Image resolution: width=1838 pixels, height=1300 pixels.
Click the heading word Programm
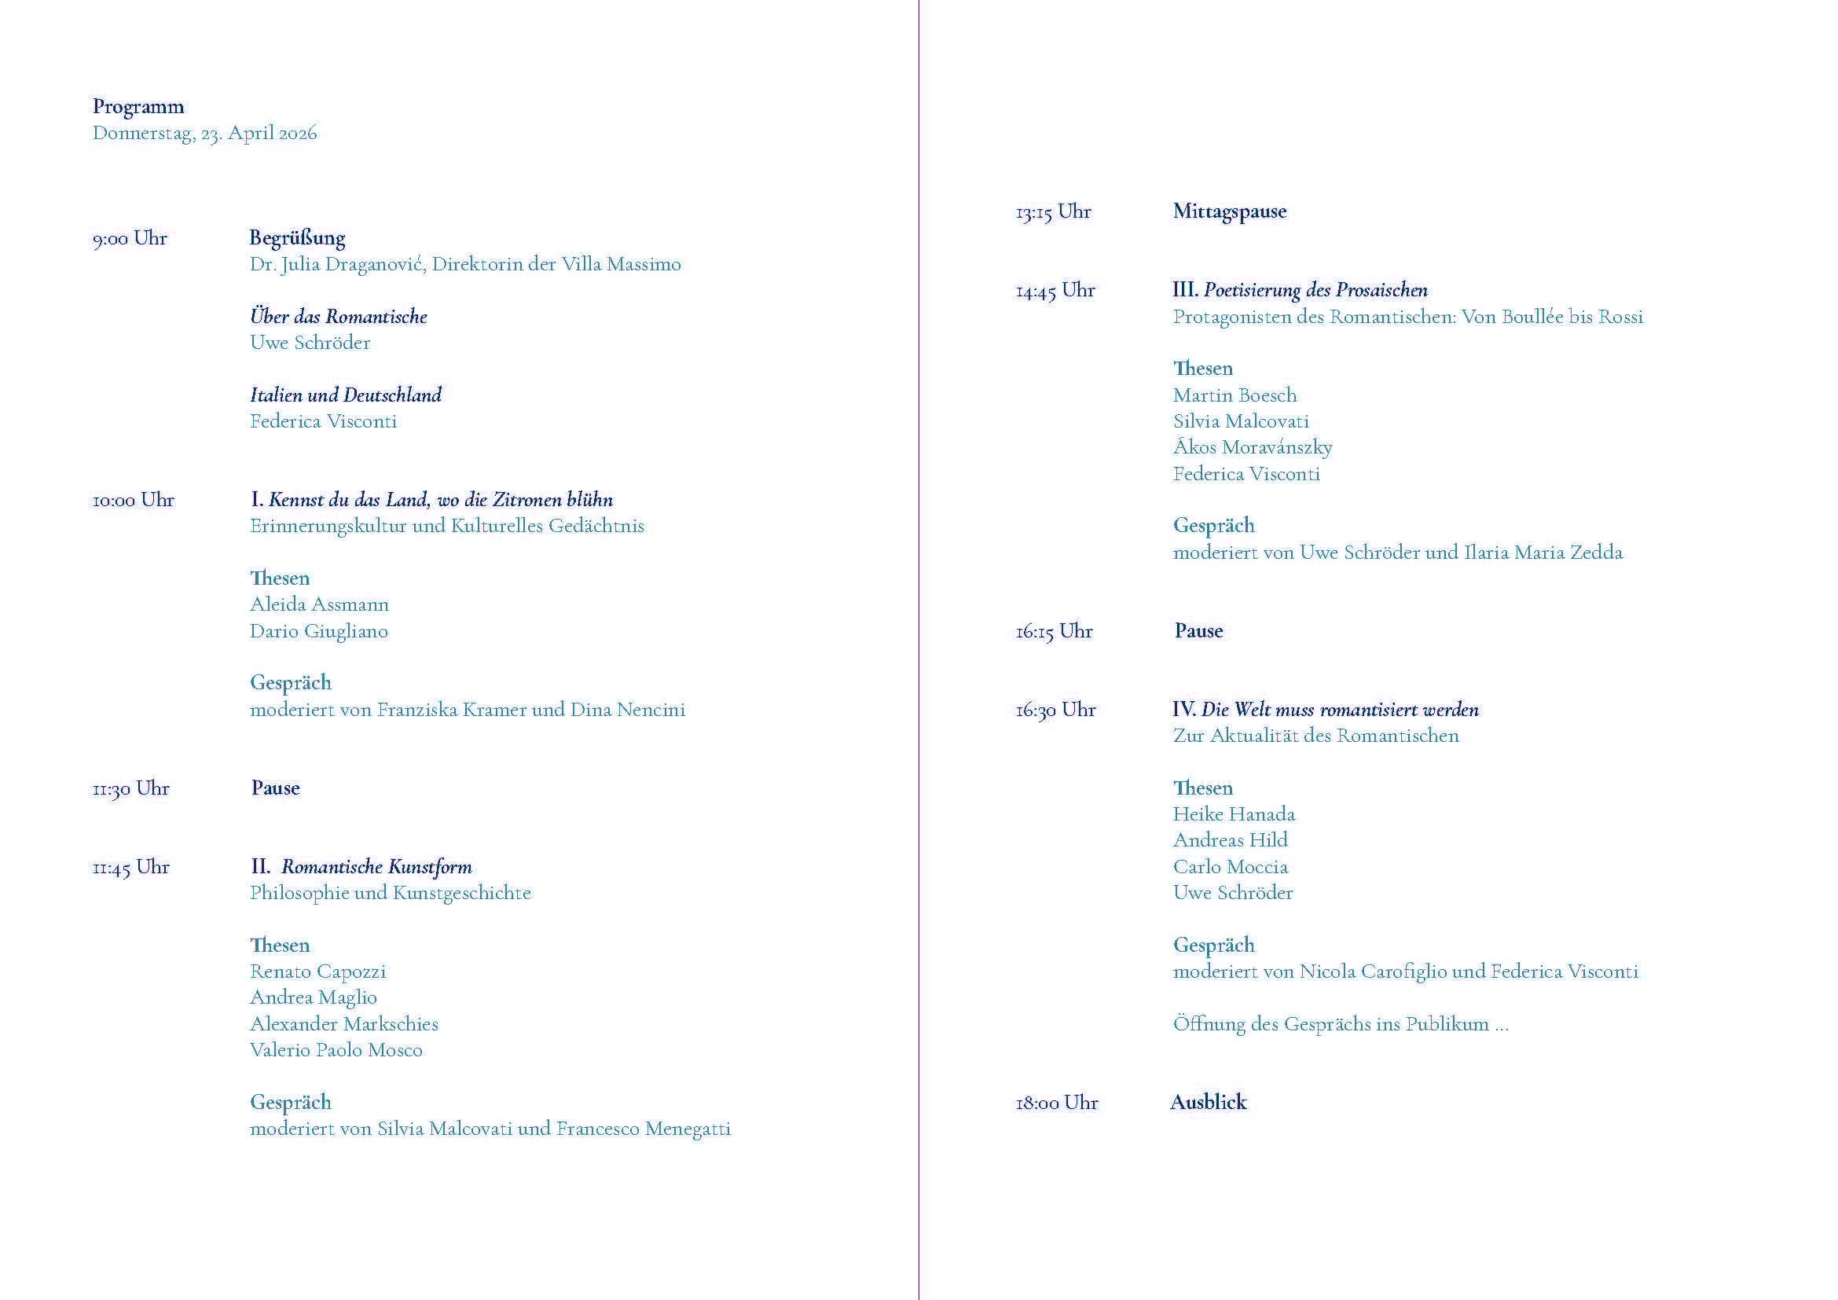(138, 106)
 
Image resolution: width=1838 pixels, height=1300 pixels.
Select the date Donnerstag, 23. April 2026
(204, 133)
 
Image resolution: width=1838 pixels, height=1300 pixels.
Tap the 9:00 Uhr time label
(130, 239)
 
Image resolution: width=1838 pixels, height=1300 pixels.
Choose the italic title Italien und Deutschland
(346, 395)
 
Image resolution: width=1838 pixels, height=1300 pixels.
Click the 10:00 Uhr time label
(133, 501)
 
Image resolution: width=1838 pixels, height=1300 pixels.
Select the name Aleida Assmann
(318, 604)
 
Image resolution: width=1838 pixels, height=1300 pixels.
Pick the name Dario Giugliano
(318, 631)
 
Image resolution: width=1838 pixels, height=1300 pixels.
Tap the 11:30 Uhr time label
(130, 788)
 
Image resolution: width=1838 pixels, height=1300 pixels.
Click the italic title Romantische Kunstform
(376, 867)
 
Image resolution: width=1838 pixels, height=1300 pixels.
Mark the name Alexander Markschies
(343, 1024)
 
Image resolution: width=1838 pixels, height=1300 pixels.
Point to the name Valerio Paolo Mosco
(336, 1050)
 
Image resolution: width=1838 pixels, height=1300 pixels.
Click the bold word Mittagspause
(1230, 211)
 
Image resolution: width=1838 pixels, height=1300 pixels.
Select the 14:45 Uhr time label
(1055, 291)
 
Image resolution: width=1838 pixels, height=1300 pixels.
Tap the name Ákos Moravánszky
(1252, 447)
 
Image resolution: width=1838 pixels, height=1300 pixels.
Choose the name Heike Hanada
(1234, 814)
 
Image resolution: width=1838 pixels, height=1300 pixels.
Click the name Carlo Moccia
(1231, 867)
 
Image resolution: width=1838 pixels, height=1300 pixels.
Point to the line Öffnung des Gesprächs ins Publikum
(1339, 1024)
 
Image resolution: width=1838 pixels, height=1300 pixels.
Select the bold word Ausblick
(1208, 1102)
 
